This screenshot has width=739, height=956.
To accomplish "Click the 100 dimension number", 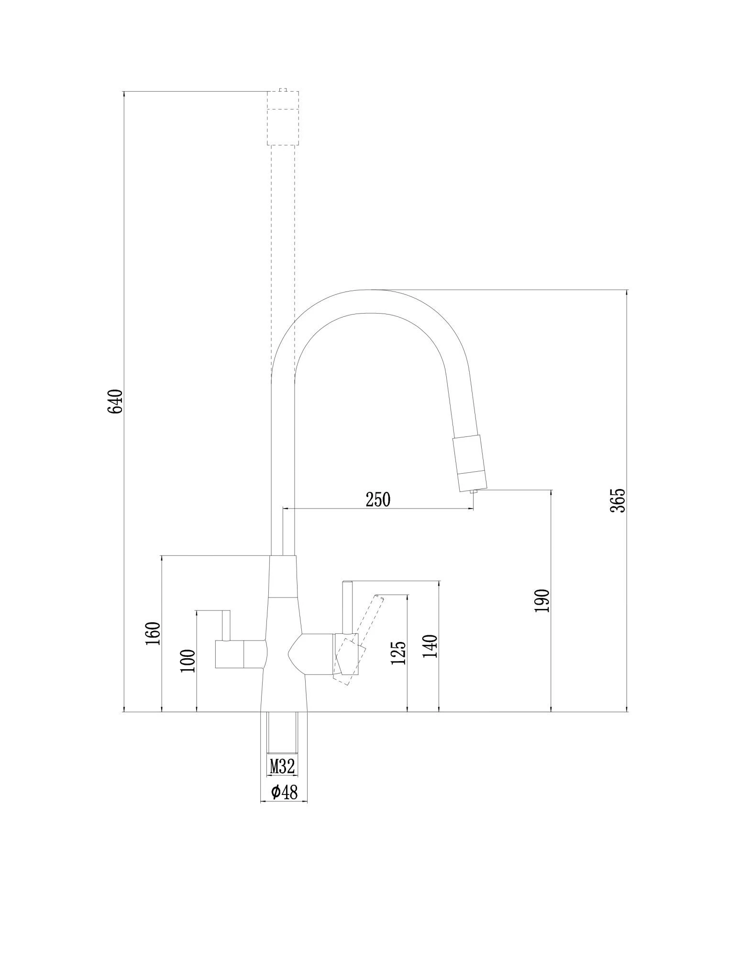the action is tap(188, 661).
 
